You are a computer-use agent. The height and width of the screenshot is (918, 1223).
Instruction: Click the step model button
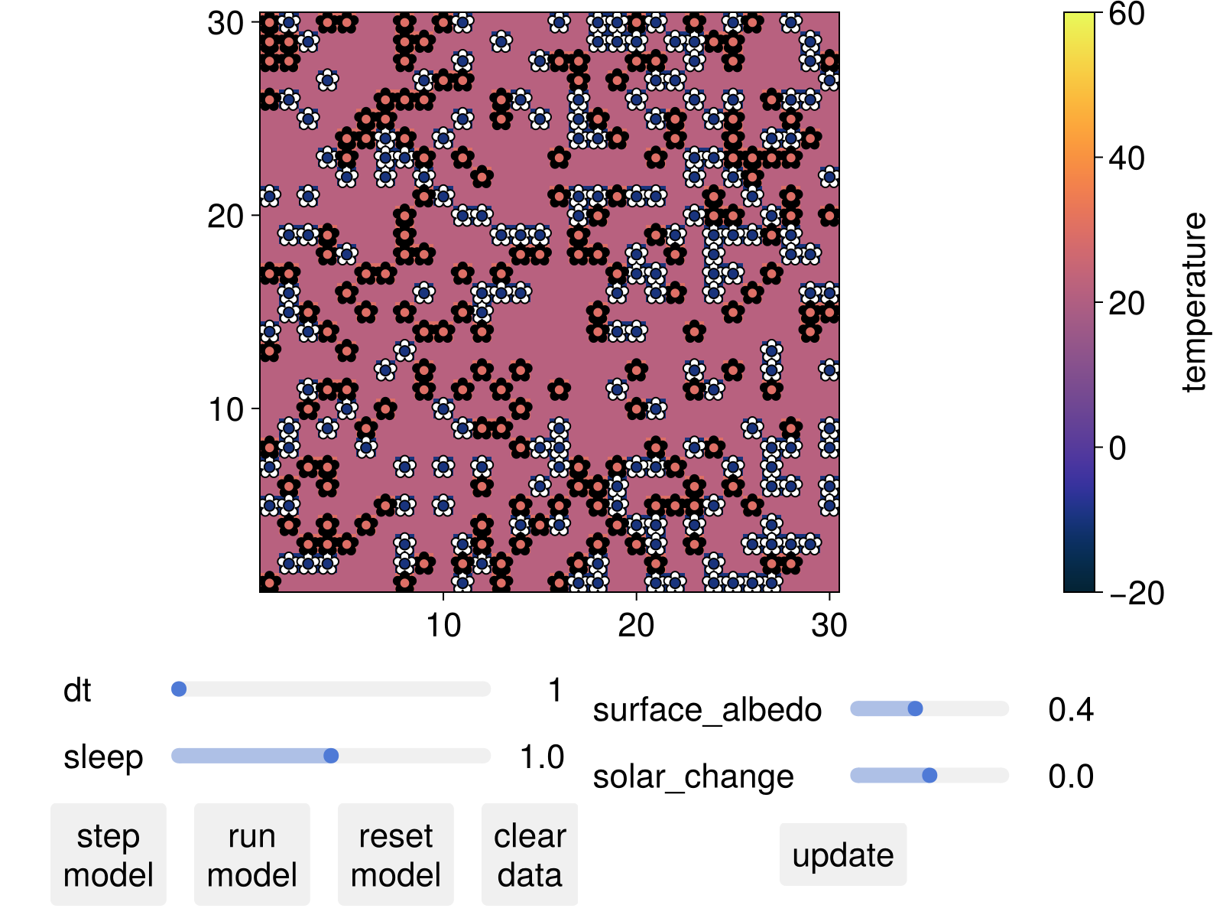[x=108, y=855]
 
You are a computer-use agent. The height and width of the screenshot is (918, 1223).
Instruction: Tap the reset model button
[x=395, y=855]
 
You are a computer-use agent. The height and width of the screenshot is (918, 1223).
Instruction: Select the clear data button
[x=529, y=855]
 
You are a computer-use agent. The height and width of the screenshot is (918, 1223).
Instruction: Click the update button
[x=842, y=855]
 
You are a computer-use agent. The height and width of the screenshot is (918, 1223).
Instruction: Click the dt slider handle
[x=179, y=689]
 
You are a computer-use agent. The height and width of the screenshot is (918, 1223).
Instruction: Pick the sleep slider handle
[x=331, y=756]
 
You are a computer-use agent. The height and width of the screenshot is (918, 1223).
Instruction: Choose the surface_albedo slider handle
[x=915, y=708]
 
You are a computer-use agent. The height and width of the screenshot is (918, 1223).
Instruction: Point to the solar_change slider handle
[x=929, y=775]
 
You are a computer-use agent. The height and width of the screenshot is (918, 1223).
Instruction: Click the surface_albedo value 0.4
[x=1070, y=710]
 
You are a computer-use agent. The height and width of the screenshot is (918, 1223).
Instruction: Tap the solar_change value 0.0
[x=1070, y=776]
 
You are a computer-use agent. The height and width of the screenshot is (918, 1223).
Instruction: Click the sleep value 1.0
[x=541, y=757]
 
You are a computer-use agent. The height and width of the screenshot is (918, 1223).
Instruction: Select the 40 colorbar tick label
[x=1126, y=158]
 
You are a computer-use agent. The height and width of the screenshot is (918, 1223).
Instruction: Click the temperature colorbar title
[x=1193, y=302]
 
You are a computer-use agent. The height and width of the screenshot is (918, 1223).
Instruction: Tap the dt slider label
[x=77, y=691]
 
